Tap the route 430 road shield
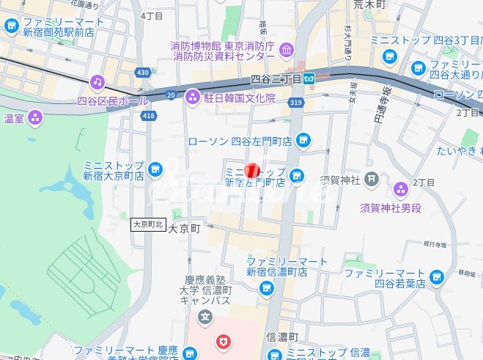pyautogui.click(x=142, y=72)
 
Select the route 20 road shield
pyautogui.click(x=171, y=95)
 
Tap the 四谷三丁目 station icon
pyautogui.click(x=311, y=78)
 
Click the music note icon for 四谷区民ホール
pyautogui.click(x=97, y=81)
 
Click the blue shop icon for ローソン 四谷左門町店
pyautogui.click(x=303, y=140)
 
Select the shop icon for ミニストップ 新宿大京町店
pyautogui.click(x=155, y=170)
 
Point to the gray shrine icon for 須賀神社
pyautogui.click(x=372, y=177)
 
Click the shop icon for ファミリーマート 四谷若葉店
pyautogui.click(x=437, y=277)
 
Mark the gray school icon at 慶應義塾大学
pyautogui.click(x=205, y=317)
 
